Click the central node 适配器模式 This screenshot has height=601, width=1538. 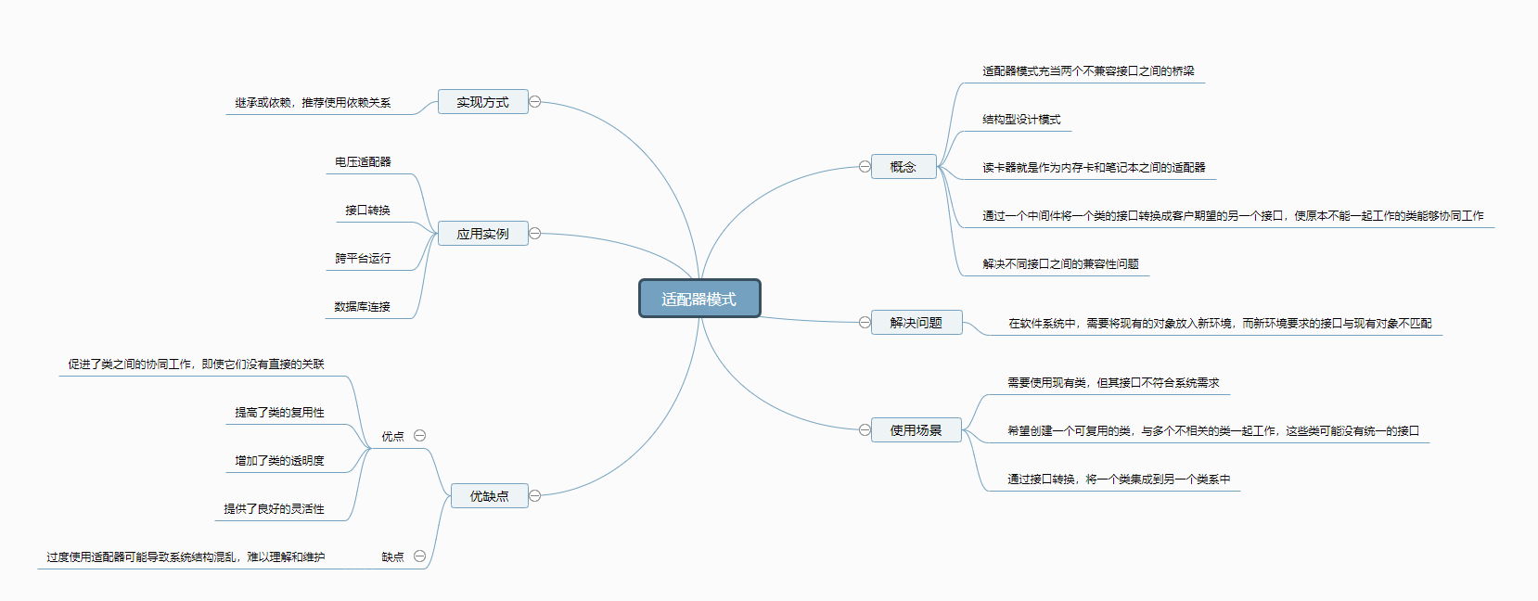coord(699,299)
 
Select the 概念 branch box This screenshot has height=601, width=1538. coord(903,167)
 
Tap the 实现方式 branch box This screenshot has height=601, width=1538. coord(482,102)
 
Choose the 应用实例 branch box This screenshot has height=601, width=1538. coord(482,234)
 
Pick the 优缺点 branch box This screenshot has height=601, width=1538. coord(489,496)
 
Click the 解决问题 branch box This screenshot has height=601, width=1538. coord(916,323)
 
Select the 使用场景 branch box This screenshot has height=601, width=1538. coord(916,430)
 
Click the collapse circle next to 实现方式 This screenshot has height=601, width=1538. coord(535,102)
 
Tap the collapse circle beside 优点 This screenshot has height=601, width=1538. coord(419,436)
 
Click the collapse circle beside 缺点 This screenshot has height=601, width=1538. coord(419,556)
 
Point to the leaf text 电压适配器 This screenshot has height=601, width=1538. coord(363,162)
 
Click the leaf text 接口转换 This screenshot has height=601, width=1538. coord(367,211)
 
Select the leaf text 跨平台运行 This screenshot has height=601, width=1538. coord(363,259)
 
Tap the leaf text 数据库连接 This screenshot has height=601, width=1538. coord(362,307)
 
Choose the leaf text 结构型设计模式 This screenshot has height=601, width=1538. coord(1021,120)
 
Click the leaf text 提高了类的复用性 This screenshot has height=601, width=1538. coord(279,413)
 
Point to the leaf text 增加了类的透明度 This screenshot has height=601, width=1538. coord(279,461)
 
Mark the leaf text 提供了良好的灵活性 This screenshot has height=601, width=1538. coord(274,509)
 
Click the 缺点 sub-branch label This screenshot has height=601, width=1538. coord(392,557)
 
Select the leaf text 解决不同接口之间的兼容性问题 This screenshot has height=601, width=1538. coord(1060,264)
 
